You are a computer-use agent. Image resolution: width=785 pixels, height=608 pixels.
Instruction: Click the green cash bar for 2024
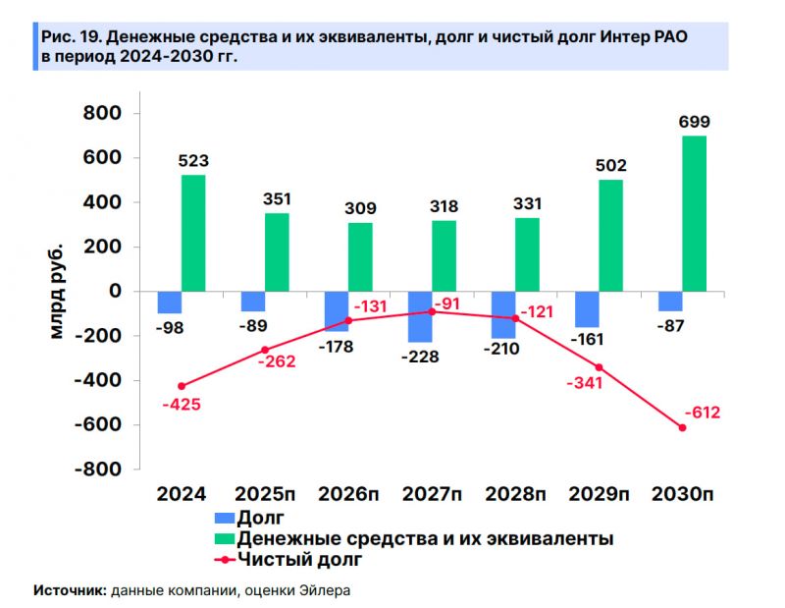pos(193,233)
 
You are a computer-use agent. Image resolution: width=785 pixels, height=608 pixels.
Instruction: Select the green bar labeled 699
pos(694,213)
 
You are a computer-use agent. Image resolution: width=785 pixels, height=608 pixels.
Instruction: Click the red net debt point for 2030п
pos(682,427)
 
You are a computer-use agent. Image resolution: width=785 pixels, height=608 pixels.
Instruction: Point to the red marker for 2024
pos(182,386)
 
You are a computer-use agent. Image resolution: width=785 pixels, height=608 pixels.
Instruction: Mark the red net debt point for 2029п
pos(599,367)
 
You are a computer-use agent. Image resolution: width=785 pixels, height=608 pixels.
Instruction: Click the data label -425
pos(181,404)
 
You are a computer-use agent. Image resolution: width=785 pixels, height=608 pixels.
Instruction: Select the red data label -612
pos(701,413)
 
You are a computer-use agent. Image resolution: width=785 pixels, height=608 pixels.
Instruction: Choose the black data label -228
pos(420,357)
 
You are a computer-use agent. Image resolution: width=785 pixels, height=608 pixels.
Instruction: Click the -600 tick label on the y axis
pos(96,425)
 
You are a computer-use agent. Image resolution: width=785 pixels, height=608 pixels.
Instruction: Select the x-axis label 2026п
pos(347,493)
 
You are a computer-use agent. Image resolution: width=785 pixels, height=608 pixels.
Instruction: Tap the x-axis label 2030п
pos(683,493)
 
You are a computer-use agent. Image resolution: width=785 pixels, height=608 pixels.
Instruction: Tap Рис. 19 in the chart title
pos(70,37)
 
